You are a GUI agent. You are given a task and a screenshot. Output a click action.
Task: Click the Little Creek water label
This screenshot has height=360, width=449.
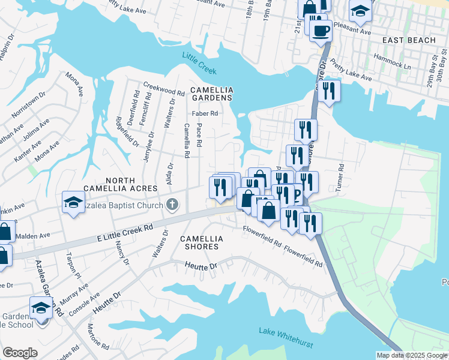[x=199, y=63]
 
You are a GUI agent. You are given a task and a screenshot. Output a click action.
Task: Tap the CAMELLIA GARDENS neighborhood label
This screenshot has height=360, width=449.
[x=211, y=94]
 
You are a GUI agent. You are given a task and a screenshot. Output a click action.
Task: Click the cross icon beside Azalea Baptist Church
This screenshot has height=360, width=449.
[x=172, y=205]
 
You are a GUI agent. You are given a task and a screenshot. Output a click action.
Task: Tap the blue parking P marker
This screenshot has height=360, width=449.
[x=297, y=196]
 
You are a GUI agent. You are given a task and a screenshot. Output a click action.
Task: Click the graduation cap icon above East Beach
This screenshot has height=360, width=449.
[x=360, y=11]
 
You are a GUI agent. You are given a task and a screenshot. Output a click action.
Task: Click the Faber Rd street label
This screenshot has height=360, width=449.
[x=205, y=113]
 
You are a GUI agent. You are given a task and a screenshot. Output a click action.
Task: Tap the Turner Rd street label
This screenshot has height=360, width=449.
[x=340, y=178]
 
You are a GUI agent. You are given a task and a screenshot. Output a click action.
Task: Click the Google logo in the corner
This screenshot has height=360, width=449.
[x=20, y=353]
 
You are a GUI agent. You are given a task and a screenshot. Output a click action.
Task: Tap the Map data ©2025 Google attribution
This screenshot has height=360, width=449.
[x=412, y=355]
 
